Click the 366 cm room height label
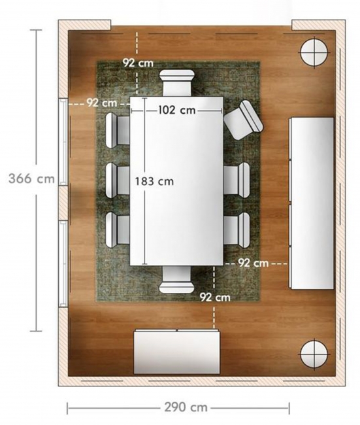coord(32,179)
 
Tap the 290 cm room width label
coord(186,407)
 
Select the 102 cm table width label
coord(176,110)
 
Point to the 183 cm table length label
coord(154,181)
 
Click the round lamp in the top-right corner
coord(314,52)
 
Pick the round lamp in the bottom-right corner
coord(314,354)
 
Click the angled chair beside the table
coord(244,120)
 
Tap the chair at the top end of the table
coord(177,83)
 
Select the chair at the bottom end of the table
coord(177,280)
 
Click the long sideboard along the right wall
coord(312,203)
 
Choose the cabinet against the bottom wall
coord(176,352)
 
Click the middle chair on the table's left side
coord(118,180)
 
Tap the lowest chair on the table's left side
coord(118,230)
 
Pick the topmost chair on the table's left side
coord(118,130)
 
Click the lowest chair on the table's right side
coord(237,230)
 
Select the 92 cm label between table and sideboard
coord(254,263)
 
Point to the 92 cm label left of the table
coord(102,103)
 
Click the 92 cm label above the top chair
coord(138,63)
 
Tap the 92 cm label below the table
coord(215,297)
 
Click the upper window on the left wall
coord(63,141)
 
